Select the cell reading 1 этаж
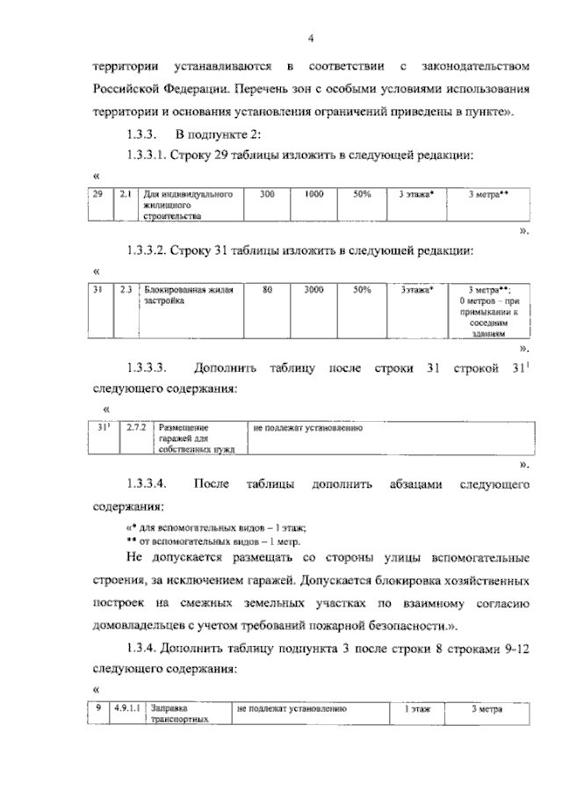click(416, 708)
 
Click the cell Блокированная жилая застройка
click(189, 294)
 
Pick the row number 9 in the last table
click(99, 707)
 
